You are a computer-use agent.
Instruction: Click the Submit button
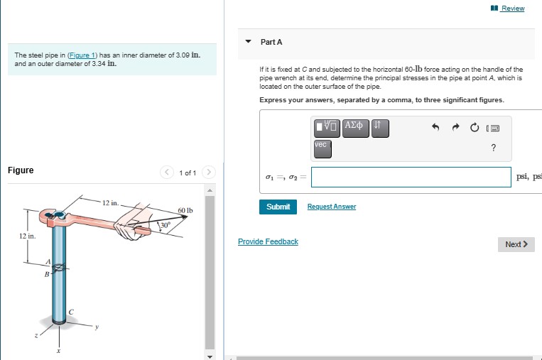coord(278,207)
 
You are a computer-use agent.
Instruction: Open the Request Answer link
coord(332,206)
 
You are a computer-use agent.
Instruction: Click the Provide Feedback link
coord(268,241)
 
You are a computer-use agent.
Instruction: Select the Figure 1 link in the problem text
coord(82,55)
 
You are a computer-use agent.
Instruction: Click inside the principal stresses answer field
coord(411,178)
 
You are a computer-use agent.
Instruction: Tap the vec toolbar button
coord(323,148)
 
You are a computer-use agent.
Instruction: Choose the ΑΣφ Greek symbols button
coord(356,129)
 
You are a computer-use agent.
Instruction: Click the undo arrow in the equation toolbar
coord(435,128)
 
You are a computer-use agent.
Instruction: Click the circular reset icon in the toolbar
coord(475,128)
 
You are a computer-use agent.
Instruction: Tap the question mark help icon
coord(493,148)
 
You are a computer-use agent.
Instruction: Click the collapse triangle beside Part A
coord(248,41)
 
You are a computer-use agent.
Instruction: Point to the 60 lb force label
coord(185,210)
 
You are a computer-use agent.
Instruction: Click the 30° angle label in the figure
coord(165,225)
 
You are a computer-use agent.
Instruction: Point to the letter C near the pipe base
coord(71,312)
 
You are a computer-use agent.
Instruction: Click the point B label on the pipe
coord(47,275)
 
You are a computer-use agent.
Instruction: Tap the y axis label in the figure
coord(97,327)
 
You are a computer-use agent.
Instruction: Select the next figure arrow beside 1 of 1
coord(208,172)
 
